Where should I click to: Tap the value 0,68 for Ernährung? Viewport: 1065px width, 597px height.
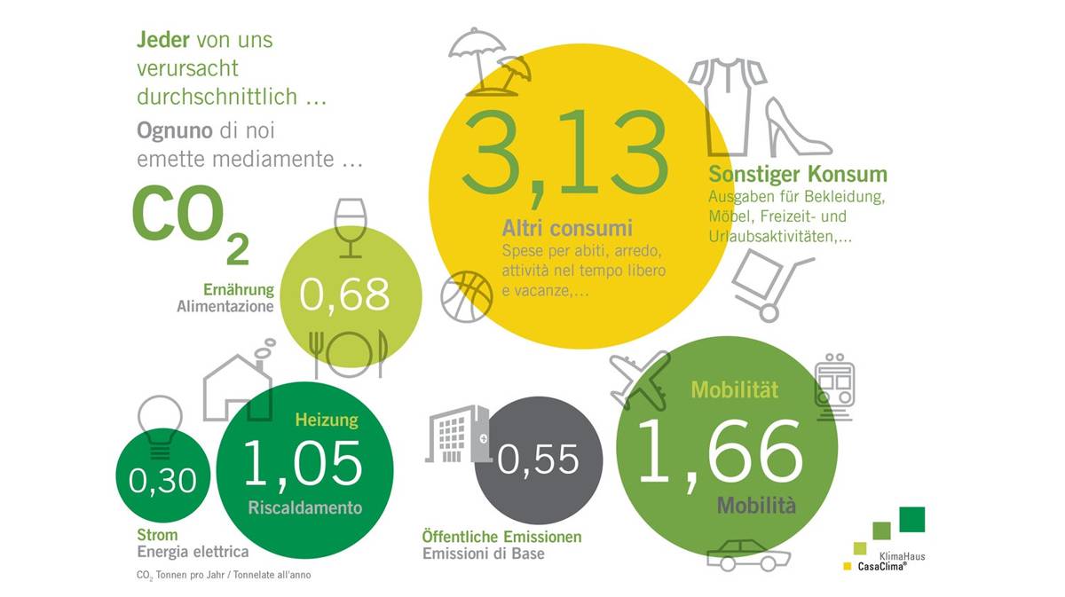(344, 295)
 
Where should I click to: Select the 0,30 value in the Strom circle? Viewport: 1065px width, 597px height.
(162, 481)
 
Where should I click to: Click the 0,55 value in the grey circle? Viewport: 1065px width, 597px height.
(538, 460)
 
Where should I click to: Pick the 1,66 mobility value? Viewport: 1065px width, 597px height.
(720, 454)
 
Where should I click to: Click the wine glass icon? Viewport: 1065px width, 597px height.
(351, 228)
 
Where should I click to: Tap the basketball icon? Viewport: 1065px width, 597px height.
(467, 297)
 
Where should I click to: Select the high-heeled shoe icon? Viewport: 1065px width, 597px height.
(797, 127)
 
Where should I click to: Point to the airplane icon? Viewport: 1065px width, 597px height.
(640, 381)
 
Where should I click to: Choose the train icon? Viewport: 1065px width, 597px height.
(834, 387)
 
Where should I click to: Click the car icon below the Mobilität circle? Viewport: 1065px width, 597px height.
(748, 554)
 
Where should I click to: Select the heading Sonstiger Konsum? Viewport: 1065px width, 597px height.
(798, 174)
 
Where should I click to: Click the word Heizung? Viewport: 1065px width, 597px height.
(327, 420)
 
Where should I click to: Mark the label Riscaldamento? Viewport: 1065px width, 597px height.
(305, 507)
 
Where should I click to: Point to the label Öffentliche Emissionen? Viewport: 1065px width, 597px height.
(501, 537)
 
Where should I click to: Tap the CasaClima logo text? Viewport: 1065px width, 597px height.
(882, 566)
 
